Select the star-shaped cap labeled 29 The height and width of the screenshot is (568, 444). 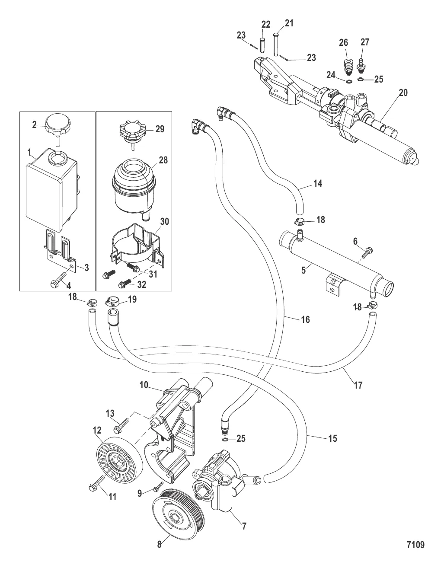[131, 129]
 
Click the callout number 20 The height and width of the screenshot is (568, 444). [403, 93]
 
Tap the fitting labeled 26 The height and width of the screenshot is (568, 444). [347, 65]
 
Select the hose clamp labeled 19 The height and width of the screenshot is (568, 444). [113, 300]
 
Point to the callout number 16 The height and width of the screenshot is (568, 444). [305, 319]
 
